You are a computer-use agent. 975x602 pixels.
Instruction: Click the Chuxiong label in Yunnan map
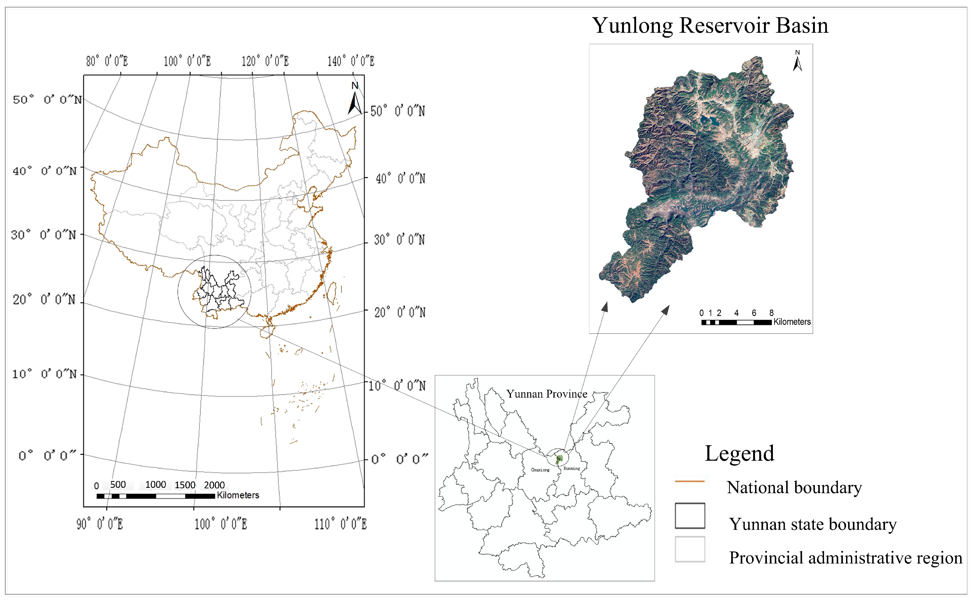(540, 470)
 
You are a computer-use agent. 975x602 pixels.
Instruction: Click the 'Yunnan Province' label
(547, 394)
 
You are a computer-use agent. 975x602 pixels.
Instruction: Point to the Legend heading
(739, 453)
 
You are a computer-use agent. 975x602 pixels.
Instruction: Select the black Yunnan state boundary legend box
(690, 516)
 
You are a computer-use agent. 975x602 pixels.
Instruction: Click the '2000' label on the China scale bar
(214, 485)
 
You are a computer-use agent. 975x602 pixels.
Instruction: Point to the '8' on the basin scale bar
(771, 313)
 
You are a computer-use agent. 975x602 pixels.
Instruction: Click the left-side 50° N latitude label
(47, 100)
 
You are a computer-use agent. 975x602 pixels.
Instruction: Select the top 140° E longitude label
(351, 61)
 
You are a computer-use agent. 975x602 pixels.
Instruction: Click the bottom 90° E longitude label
(100, 524)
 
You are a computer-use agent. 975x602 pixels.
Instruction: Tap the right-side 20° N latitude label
(400, 313)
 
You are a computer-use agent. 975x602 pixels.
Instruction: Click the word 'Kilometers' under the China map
(238, 495)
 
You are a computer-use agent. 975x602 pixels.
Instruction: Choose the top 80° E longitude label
(107, 61)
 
